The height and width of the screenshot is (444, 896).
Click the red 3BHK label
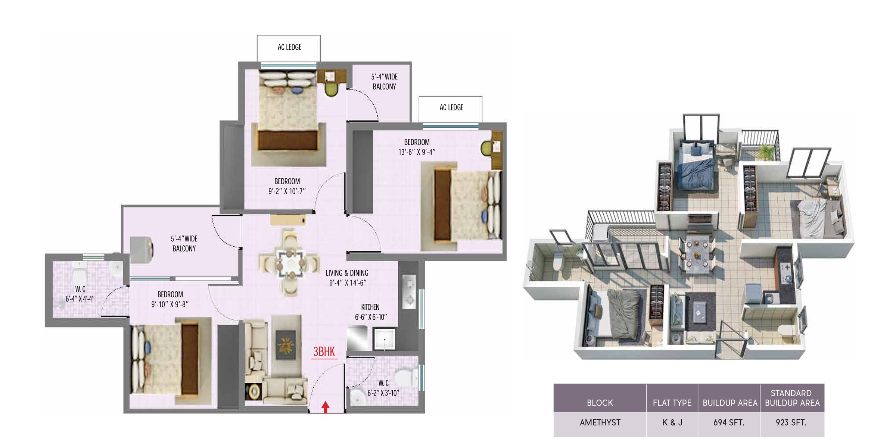(x=324, y=351)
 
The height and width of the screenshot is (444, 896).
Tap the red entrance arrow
(x=326, y=407)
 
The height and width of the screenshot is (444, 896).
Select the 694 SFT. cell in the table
(x=729, y=423)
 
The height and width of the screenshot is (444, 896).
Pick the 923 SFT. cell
(x=791, y=423)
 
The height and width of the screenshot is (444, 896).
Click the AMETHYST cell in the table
(x=600, y=423)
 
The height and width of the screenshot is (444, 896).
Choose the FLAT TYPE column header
(x=672, y=403)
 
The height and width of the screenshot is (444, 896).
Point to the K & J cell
(x=672, y=423)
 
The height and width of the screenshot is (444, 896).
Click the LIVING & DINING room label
(x=347, y=273)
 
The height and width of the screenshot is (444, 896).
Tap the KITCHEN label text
(x=370, y=307)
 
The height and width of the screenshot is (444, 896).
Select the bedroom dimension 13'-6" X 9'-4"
(x=417, y=152)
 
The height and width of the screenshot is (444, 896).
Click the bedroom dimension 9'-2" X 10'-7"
(x=287, y=191)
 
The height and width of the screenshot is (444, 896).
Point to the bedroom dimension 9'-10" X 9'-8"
(x=170, y=304)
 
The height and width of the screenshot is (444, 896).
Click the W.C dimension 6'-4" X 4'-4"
(x=80, y=299)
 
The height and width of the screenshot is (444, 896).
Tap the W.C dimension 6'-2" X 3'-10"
(x=383, y=393)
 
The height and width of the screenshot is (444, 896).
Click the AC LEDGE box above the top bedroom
(x=289, y=48)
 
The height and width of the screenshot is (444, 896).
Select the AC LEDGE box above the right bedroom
(x=451, y=109)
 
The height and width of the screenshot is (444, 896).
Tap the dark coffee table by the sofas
(x=286, y=345)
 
